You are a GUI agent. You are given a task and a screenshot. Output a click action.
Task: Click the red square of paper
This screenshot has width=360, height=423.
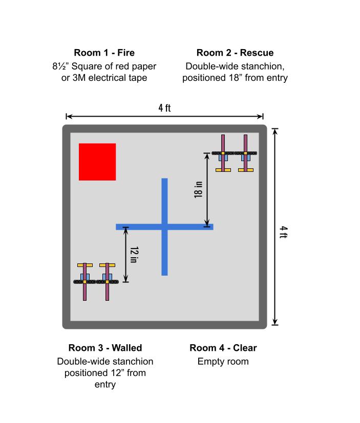click(97, 162)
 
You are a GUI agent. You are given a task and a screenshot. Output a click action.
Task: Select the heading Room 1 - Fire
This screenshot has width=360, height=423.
click(104, 53)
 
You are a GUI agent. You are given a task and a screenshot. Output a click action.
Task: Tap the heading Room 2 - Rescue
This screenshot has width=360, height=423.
click(235, 53)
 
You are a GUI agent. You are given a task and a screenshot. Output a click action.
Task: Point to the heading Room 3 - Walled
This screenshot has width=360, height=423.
click(105, 348)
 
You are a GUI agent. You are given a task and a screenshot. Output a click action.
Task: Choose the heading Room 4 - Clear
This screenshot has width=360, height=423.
click(223, 348)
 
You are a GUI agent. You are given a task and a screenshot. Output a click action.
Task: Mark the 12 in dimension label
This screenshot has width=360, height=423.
click(134, 254)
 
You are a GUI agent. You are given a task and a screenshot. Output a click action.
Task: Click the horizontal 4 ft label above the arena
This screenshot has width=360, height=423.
click(164, 108)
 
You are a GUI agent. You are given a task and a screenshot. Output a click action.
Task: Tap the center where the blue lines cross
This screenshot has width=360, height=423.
click(164, 227)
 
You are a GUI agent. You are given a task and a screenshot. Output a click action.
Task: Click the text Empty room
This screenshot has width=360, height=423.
click(223, 362)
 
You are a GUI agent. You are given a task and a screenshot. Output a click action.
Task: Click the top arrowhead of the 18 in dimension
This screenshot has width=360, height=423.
click(207, 155)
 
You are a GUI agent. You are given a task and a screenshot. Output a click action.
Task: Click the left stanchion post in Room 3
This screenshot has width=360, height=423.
click(84, 281)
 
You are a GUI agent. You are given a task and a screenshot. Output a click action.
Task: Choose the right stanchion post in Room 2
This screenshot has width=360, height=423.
click(246, 152)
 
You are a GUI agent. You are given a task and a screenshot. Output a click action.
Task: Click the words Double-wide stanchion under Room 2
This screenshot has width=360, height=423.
click(235, 66)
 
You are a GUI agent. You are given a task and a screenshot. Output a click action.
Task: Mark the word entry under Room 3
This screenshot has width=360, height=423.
click(105, 385)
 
